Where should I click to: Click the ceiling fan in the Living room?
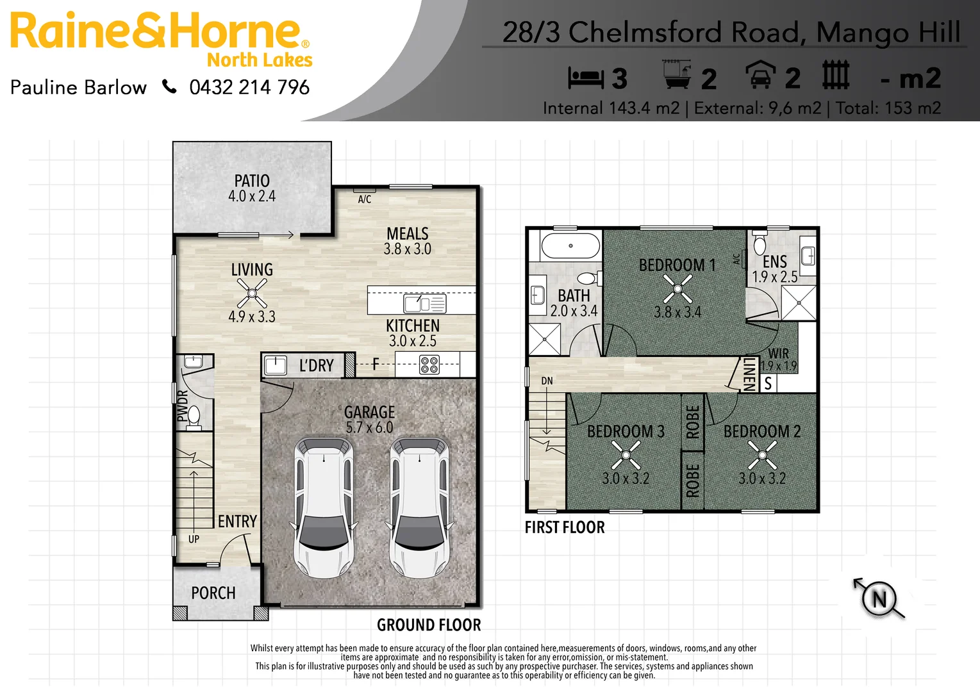click(x=252, y=293)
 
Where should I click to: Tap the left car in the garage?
click(x=324, y=506)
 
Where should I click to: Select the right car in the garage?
click(x=420, y=506)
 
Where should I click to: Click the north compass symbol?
click(x=879, y=599)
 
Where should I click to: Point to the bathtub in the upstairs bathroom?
click(x=570, y=246)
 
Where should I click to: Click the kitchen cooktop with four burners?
click(x=429, y=365)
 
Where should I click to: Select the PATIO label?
click(x=252, y=181)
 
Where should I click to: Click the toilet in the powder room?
click(x=194, y=416)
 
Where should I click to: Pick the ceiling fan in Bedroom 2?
click(x=762, y=456)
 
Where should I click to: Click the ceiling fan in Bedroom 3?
click(x=626, y=456)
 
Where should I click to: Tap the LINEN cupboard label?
click(x=749, y=374)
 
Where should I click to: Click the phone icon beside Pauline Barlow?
click(x=169, y=86)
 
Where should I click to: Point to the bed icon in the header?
click(x=586, y=78)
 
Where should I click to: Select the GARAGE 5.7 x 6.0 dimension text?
click(x=369, y=427)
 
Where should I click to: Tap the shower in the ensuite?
click(x=799, y=303)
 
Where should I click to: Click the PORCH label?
click(x=213, y=593)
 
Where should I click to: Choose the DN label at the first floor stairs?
click(x=547, y=381)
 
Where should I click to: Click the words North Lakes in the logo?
click(x=260, y=60)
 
